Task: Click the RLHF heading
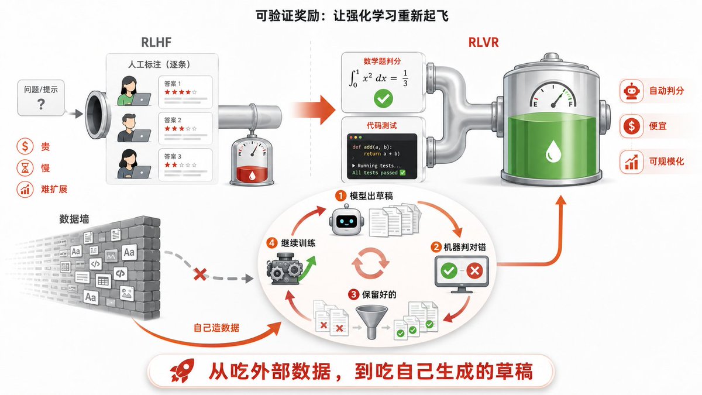pyautogui.click(x=156, y=42)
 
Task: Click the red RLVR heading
pyautogui.click(x=483, y=42)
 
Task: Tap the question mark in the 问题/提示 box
pyautogui.click(x=41, y=104)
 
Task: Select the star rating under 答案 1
pyautogui.click(x=181, y=92)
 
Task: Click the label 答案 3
pyautogui.click(x=173, y=156)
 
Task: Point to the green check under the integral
pyautogui.click(x=383, y=99)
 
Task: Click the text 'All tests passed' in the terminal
pyautogui.click(x=375, y=173)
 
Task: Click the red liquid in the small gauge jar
pyautogui.click(x=252, y=174)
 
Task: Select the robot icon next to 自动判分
pyautogui.click(x=631, y=91)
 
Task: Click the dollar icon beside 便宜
pyautogui.click(x=631, y=126)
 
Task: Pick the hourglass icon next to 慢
pyautogui.click(x=25, y=167)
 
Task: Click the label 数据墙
pyautogui.click(x=74, y=219)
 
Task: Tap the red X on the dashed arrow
pyautogui.click(x=200, y=274)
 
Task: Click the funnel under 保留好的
pyautogui.click(x=371, y=322)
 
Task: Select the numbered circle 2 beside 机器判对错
pyautogui.click(x=436, y=247)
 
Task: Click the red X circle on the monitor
pyautogui.click(x=474, y=270)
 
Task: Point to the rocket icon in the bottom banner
pyautogui.click(x=183, y=371)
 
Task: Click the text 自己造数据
pyautogui.click(x=216, y=328)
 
